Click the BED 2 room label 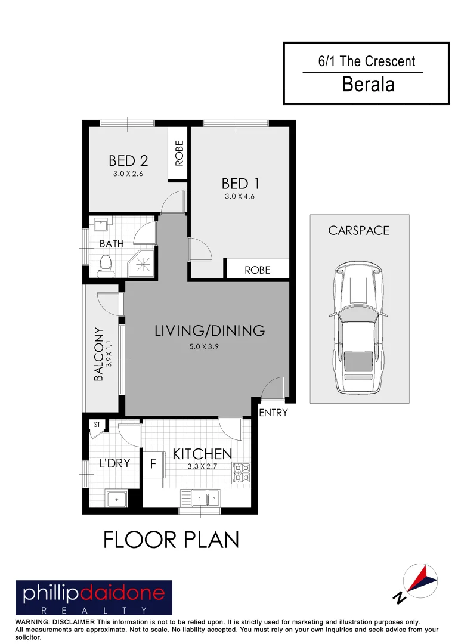coord(128,160)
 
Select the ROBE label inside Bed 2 coord(179,153)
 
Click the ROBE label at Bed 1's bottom coord(258,270)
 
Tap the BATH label coord(112,244)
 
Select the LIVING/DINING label coord(209,330)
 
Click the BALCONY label coord(99,354)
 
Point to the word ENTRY coord(273,413)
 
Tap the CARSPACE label coord(359,230)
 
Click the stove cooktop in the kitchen coord(242,472)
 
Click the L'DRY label coord(114,463)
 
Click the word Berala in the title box coord(368,84)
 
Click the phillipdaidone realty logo coord(94,598)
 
